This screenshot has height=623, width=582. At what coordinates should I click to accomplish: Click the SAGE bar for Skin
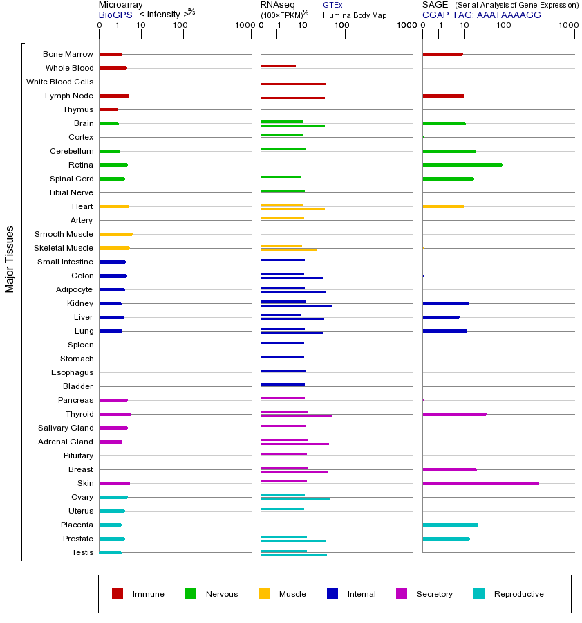tap(480, 483)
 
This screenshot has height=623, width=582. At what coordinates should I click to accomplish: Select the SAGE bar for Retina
tap(462, 165)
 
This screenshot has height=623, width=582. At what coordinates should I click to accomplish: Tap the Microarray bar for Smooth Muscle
tap(115, 234)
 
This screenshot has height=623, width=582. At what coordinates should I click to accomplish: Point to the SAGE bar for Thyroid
tap(454, 414)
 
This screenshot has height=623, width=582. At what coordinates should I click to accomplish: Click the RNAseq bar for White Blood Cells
tap(293, 84)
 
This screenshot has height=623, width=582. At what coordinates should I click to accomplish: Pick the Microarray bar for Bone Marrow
tap(111, 54)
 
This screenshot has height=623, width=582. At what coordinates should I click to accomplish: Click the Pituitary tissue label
tap(78, 455)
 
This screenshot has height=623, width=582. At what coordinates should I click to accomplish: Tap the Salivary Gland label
tap(66, 428)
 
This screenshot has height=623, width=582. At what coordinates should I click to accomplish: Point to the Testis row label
tap(82, 552)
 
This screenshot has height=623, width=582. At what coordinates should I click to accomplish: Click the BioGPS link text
tap(114, 15)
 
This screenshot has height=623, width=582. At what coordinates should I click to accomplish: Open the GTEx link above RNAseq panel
tap(332, 5)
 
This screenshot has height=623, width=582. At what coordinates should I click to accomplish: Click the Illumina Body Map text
tap(355, 15)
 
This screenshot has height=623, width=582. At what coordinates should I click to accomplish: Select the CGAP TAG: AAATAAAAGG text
tap(482, 15)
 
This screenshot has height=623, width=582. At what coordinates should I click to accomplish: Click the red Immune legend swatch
tap(118, 594)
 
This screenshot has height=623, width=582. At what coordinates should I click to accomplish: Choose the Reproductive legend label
tap(518, 594)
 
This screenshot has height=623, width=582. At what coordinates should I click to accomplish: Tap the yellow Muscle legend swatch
tap(264, 594)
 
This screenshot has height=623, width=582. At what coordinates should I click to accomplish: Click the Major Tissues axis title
tap(10, 259)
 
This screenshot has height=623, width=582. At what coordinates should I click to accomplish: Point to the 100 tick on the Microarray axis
tap(180, 26)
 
